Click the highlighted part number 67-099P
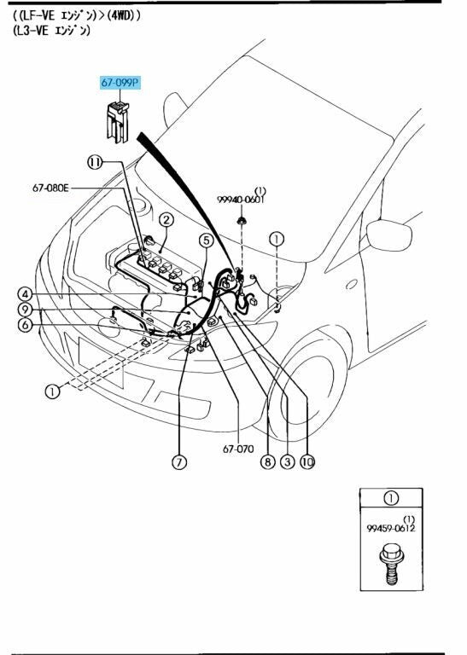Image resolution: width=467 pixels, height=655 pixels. (x=120, y=83)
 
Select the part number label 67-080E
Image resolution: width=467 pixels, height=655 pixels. (x=50, y=188)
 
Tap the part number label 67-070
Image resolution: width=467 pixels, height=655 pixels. (x=238, y=449)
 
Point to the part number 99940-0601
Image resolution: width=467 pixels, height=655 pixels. (x=241, y=200)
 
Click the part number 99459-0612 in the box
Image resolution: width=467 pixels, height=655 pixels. (x=391, y=529)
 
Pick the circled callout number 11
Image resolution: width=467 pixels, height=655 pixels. (x=95, y=162)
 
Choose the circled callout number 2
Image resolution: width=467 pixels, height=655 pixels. (x=166, y=220)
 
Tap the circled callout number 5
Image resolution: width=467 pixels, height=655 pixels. (x=206, y=241)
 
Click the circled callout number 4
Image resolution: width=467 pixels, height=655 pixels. (x=25, y=294)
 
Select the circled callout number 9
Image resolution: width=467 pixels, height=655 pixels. (x=25, y=310)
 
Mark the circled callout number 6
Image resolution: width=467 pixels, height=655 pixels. (x=25, y=325)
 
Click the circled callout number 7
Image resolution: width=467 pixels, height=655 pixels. (x=179, y=462)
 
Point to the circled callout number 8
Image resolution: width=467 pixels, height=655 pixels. (x=267, y=462)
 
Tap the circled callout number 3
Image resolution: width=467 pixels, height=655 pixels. (x=287, y=462)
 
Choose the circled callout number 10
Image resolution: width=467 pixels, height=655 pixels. (x=307, y=462)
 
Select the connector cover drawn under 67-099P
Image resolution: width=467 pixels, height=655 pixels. (x=117, y=121)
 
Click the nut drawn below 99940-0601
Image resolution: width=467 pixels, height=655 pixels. (x=242, y=221)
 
